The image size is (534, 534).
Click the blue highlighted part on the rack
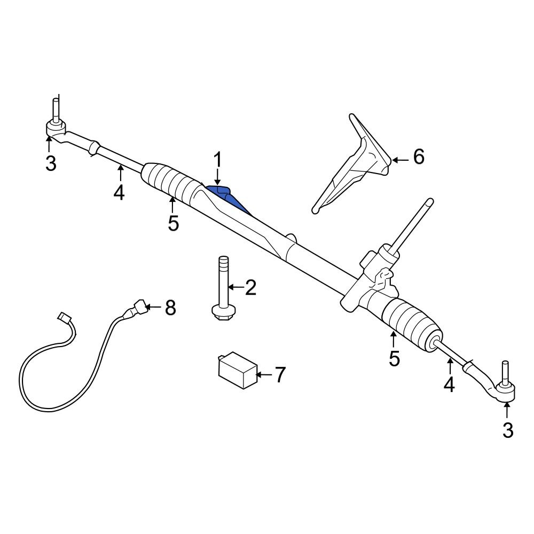pyautogui.click(x=226, y=197)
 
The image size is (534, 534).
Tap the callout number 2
pyautogui.click(x=250, y=288)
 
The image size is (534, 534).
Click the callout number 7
pyautogui.click(x=280, y=375)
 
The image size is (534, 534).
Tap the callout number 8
pyautogui.click(x=170, y=308)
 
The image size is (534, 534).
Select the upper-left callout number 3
pyautogui.click(x=50, y=163)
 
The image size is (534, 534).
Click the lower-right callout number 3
pyautogui.click(x=507, y=430)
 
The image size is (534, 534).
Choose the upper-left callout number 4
pyautogui.click(x=119, y=192)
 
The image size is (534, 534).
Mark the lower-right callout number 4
pyautogui.click(x=449, y=384)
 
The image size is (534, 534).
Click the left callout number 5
pyautogui.click(x=173, y=223)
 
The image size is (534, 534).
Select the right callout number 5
pyautogui.click(x=394, y=358)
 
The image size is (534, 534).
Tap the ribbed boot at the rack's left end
pyautogui.click(x=170, y=182)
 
